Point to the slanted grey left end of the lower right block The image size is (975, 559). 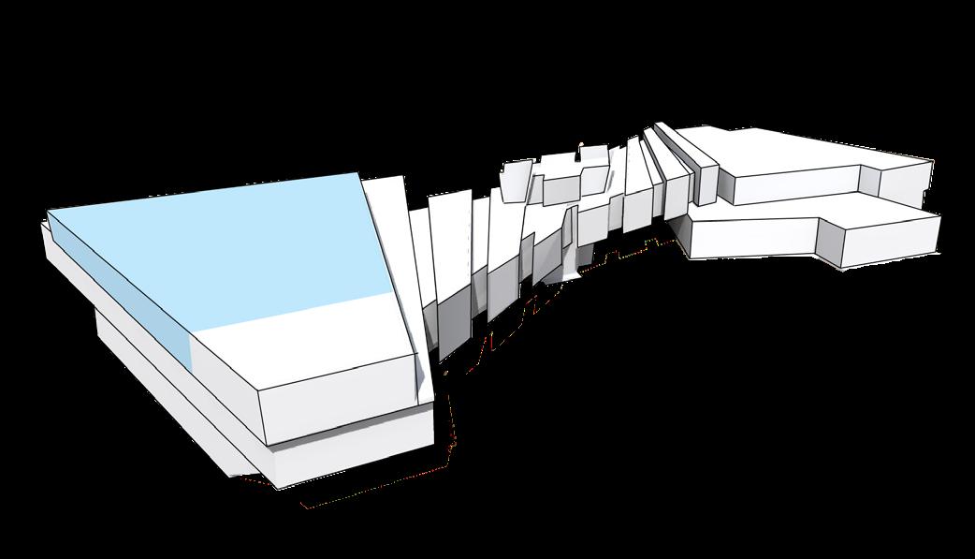(681, 234)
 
